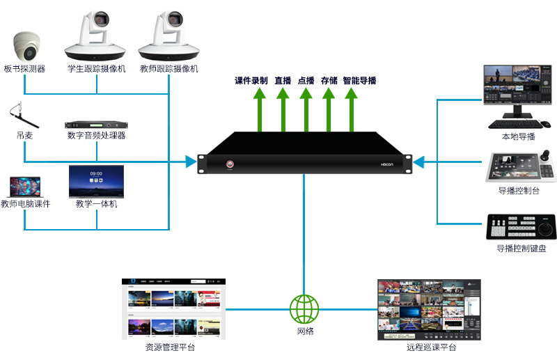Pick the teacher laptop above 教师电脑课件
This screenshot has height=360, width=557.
click(25, 187)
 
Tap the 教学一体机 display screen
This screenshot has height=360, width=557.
click(96, 181)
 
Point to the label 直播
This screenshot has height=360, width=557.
click(283, 81)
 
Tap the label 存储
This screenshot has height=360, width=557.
click(329, 81)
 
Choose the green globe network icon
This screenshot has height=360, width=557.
click(304, 308)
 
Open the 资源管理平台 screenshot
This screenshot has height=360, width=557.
click(174, 309)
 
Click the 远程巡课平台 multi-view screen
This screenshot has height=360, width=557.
click(429, 310)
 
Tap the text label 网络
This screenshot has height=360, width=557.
click(304, 331)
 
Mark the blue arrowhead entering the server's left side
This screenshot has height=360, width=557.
click(191, 162)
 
